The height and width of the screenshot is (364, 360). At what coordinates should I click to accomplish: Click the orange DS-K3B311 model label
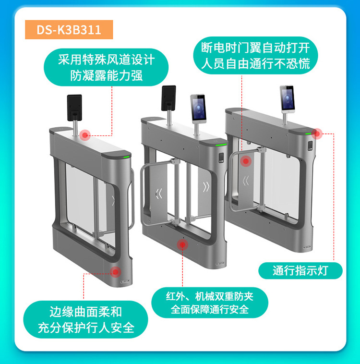pyautogui.click(x=69, y=29)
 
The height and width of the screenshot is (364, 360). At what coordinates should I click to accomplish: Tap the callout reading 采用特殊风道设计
pyautogui.click(x=106, y=67)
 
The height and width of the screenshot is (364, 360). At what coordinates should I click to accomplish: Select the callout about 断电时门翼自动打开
pyautogui.click(x=255, y=56)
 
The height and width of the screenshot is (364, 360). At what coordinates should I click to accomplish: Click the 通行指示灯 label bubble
pyautogui.click(x=300, y=271)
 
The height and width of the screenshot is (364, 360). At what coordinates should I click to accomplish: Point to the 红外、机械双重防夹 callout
pyautogui.click(x=210, y=303)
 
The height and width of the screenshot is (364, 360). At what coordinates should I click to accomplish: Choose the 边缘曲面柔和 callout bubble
pyautogui.click(x=85, y=319)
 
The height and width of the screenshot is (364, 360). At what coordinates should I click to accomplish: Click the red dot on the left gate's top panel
pyautogui.click(x=85, y=135)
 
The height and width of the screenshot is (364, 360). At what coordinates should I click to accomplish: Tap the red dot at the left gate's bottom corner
pyautogui.click(x=115, y=272)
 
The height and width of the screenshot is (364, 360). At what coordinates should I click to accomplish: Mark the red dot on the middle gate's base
pyautogui.click(x=182, y=244)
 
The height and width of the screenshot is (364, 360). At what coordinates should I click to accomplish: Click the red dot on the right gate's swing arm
pyautogui.click(x=246, y=161)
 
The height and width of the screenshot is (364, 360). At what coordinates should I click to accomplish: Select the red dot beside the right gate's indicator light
pyautogui.click(x=317, y=133)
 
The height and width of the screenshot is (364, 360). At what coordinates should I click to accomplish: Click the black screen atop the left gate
pyautogui.click(x=74, y=108)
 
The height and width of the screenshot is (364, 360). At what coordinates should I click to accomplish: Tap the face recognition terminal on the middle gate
pyautogui.click(x=198, y=109)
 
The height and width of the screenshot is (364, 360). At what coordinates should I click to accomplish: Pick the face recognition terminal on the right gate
pyautogui.click(x=288, y=99)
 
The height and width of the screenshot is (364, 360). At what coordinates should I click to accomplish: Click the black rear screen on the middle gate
pyautogui.click(x=168, y=98)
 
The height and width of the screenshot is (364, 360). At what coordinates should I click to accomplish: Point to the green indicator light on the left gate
pyautogui.click(x=127, y=157)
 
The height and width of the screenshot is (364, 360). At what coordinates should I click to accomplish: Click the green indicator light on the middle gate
pyautogui.click(x=221, y=145)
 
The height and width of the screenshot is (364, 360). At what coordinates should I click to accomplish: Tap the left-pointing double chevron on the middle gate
pyautogui.click(x=159, y=194)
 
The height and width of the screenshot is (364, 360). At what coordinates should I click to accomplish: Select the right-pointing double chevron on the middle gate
pyautogui.click(x=206, y=187)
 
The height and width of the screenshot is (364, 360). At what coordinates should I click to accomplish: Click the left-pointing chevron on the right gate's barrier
pyautogui.click(x=246, y=181)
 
